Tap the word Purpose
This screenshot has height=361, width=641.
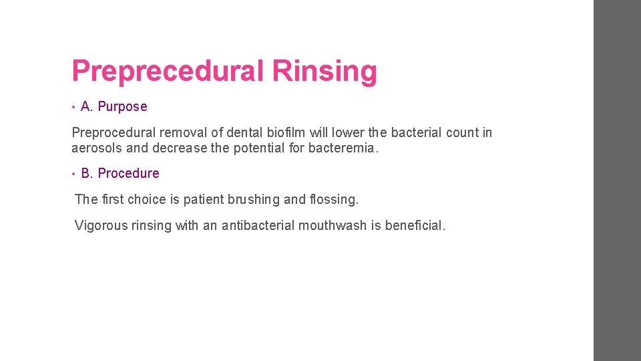[x=122, y=106]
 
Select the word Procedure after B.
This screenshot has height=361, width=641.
[x=128, y=173]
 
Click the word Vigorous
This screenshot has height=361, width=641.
[x=101, y=225]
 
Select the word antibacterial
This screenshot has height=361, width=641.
[x=258, y=225]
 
